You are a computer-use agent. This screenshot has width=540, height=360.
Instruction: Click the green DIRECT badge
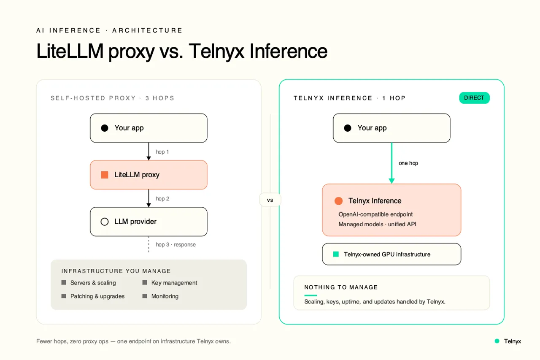(474, 98)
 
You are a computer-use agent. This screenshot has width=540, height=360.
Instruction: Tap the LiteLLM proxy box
(148, 175)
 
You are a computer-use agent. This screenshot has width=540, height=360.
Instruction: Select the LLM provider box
(148, 222)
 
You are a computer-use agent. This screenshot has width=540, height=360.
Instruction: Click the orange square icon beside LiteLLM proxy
(104, 175)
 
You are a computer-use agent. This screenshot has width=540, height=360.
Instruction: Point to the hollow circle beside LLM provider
(104, 222)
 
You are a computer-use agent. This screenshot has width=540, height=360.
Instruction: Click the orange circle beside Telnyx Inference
(338, 201)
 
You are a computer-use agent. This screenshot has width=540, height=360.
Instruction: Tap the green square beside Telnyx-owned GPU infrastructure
(336, 254)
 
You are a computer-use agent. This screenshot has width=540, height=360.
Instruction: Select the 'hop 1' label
(162, 152)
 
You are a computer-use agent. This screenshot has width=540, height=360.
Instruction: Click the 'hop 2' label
(162, 198)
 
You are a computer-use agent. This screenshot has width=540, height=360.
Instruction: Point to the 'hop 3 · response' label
(176, 244)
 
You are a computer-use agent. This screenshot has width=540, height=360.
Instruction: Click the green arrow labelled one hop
(391, 163)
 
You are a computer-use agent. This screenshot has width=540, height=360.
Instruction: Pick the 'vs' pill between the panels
(270, 200)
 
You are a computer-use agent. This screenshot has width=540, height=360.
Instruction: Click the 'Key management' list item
(170, 283)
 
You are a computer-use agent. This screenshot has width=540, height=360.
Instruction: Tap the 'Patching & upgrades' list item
(93, 296)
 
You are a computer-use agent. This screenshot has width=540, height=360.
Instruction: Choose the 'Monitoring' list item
(160, 296)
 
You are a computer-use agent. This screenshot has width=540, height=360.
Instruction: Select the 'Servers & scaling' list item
(89, 283)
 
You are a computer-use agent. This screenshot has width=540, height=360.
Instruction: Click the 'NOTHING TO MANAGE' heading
(341, 287)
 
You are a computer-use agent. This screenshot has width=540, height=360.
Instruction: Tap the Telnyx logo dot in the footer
(497, 341)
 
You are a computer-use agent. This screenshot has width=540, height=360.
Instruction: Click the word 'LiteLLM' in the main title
(70, 51)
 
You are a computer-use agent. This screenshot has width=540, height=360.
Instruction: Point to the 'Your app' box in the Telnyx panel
(391, 128)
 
